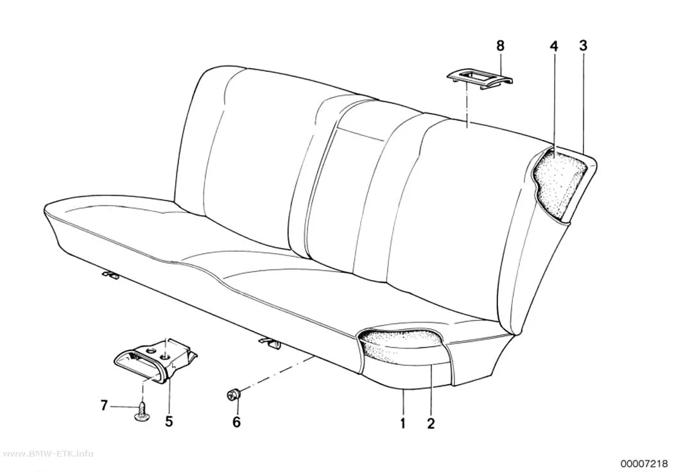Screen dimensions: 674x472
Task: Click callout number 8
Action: pyautogui.click(x=500, y=46)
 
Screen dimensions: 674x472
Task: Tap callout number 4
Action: pyautogui.click(x=554, y=46)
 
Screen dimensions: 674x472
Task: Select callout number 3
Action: pyautogui.click(x=583, y=46)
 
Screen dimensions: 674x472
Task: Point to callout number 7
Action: pyautogui.click(x=103, y=405)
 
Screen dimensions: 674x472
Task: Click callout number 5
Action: pyautogui.click(x=169, y=421)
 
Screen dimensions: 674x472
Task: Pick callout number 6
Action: pyautogui.click(x=236, y=422)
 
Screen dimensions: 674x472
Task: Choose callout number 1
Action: pyautogui.click(x=402, y=423)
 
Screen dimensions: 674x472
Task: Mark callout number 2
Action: pyautogui.click(x=431, y=423)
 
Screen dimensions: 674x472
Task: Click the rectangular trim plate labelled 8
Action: pyautogui.click(x=481, y=78)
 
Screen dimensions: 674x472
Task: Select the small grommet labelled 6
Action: pyautogui.click(x=234, y=394)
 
